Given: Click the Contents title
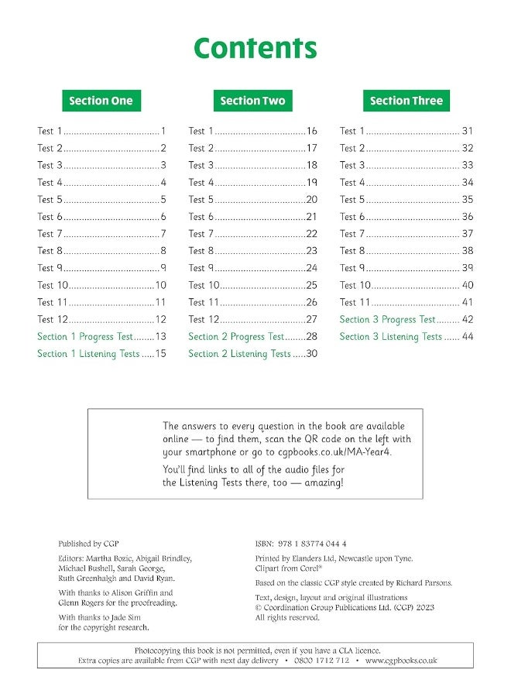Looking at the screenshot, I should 255,48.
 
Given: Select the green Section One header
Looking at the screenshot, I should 101,101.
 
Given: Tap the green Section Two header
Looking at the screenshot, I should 252,101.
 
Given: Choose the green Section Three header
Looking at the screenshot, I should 406,101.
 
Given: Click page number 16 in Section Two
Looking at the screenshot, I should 312,131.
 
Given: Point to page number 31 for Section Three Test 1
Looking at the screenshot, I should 468,131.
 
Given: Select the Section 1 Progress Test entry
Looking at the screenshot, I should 85,337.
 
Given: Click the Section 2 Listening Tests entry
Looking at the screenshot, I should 239,354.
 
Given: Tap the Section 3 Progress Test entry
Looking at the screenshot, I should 388,319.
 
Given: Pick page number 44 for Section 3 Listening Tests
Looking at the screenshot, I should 468,337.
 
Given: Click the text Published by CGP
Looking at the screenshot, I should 88,544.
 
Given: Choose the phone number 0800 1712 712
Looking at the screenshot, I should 321,661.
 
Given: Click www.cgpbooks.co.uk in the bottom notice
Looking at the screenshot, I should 401,661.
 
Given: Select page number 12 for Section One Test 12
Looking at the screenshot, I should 161,319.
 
